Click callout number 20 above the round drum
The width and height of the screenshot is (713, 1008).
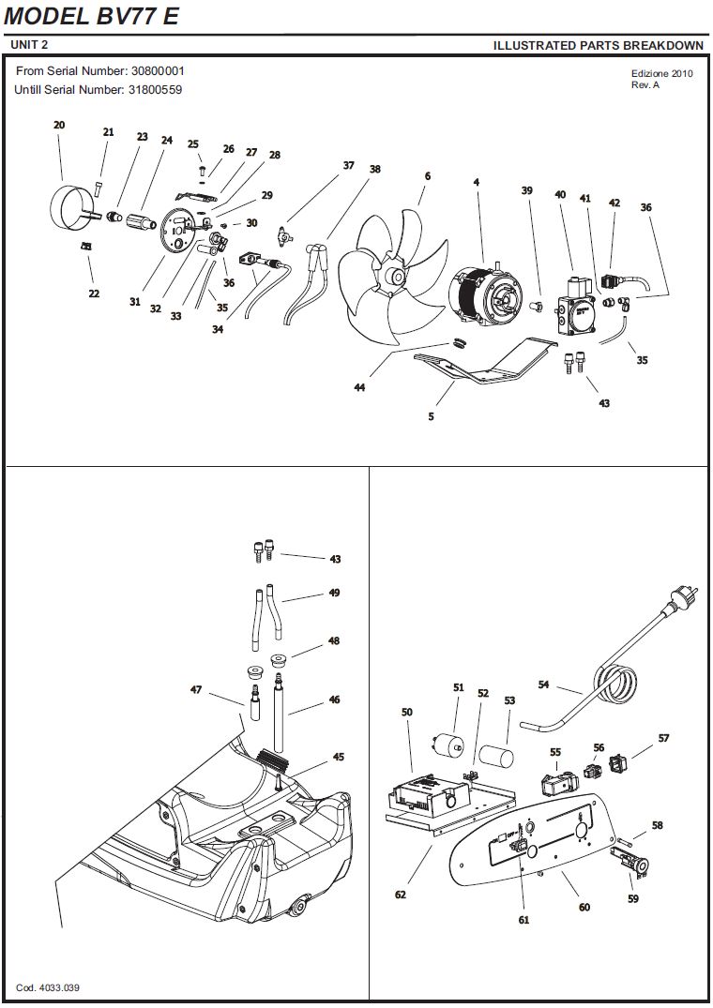point(59,125)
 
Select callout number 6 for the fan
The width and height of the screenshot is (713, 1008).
point(427,176)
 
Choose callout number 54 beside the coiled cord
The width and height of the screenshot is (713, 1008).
point(543,685)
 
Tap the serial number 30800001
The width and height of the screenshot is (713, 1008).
point(158,71)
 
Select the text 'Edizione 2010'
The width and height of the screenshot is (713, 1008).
point(661,74)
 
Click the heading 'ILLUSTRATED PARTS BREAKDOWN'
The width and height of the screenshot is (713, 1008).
point(598,45)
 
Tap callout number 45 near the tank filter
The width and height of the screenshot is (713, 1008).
point(338,757)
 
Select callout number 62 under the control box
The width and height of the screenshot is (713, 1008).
point(401,895)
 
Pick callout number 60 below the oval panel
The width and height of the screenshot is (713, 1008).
point(584,907)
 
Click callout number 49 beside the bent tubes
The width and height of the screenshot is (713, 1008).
point(334,593)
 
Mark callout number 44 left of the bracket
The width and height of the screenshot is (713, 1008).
point(359,386)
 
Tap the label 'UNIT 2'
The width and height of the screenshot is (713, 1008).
point(29,45)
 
